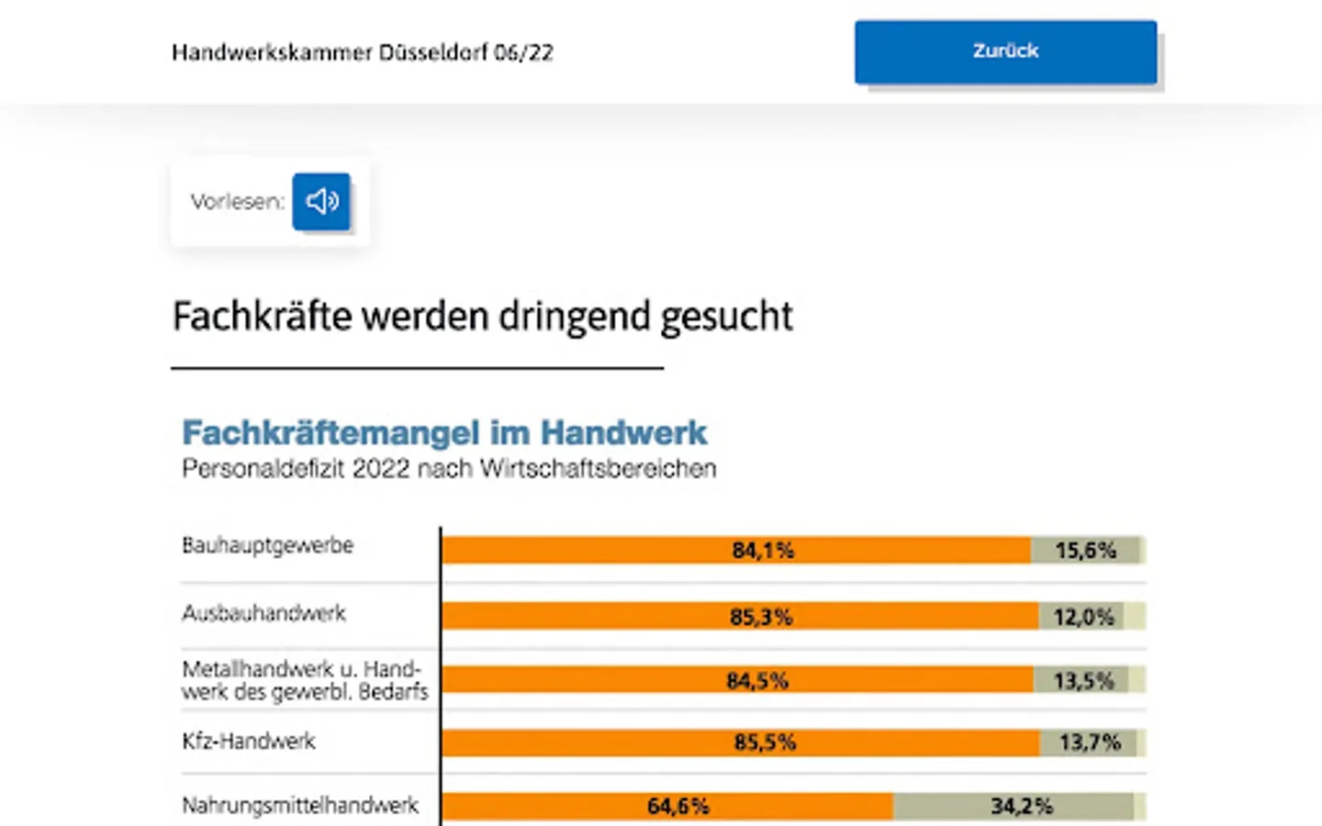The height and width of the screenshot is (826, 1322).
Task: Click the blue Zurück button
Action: pyautogui.click(x=1005, y=52)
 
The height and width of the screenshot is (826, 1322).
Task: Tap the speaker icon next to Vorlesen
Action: pyautogui.click(x=321, y=201)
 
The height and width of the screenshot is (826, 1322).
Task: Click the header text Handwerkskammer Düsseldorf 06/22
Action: pyautogui.click(x=363, y=52)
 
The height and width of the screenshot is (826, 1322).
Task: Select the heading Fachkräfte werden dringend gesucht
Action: pyautogui.click(x=482, y=317)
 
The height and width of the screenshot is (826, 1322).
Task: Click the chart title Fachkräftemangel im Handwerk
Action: pyautogui.click(x=444, y=432)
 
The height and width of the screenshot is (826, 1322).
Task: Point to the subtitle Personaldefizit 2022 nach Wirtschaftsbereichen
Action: pyautogui.click(x=449, y=469)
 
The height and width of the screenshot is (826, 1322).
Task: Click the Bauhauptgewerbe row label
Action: pyautogui.click(x=267, y=545)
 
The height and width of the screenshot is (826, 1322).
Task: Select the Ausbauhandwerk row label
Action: pyautogui.click(x=263, y=613)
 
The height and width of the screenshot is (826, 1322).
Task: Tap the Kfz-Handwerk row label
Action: pyautogui.click(x=248, y=741)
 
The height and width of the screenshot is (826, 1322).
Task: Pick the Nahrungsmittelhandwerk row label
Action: pyautogui.click(x=300, y=806)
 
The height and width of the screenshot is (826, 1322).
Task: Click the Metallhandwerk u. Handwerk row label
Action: pyautogui.click(x=305, y=680)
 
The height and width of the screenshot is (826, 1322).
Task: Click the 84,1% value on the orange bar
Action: pyautogui.click(x=763, y=551)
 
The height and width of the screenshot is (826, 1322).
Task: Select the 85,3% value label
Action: pyautogui.click(x=761, y=617)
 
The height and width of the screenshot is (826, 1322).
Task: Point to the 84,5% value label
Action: pyautogui.click(x=757, y=681)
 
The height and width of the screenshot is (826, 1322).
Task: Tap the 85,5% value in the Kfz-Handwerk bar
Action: pyautogui.click(x=765, y=742)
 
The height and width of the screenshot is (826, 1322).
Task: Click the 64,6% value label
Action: pyautogui.click(x=678, y=807)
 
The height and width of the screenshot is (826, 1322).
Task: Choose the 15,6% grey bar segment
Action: pyautogui.click(x=1085, y=551)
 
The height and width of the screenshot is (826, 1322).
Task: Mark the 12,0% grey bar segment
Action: pyautogui.click(x=1083, y=617)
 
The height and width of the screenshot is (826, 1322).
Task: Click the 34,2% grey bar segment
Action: pyautogui.click(x=1021, y=807)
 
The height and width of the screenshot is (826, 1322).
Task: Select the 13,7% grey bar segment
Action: pyautogui.click(x=1090, y=742)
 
